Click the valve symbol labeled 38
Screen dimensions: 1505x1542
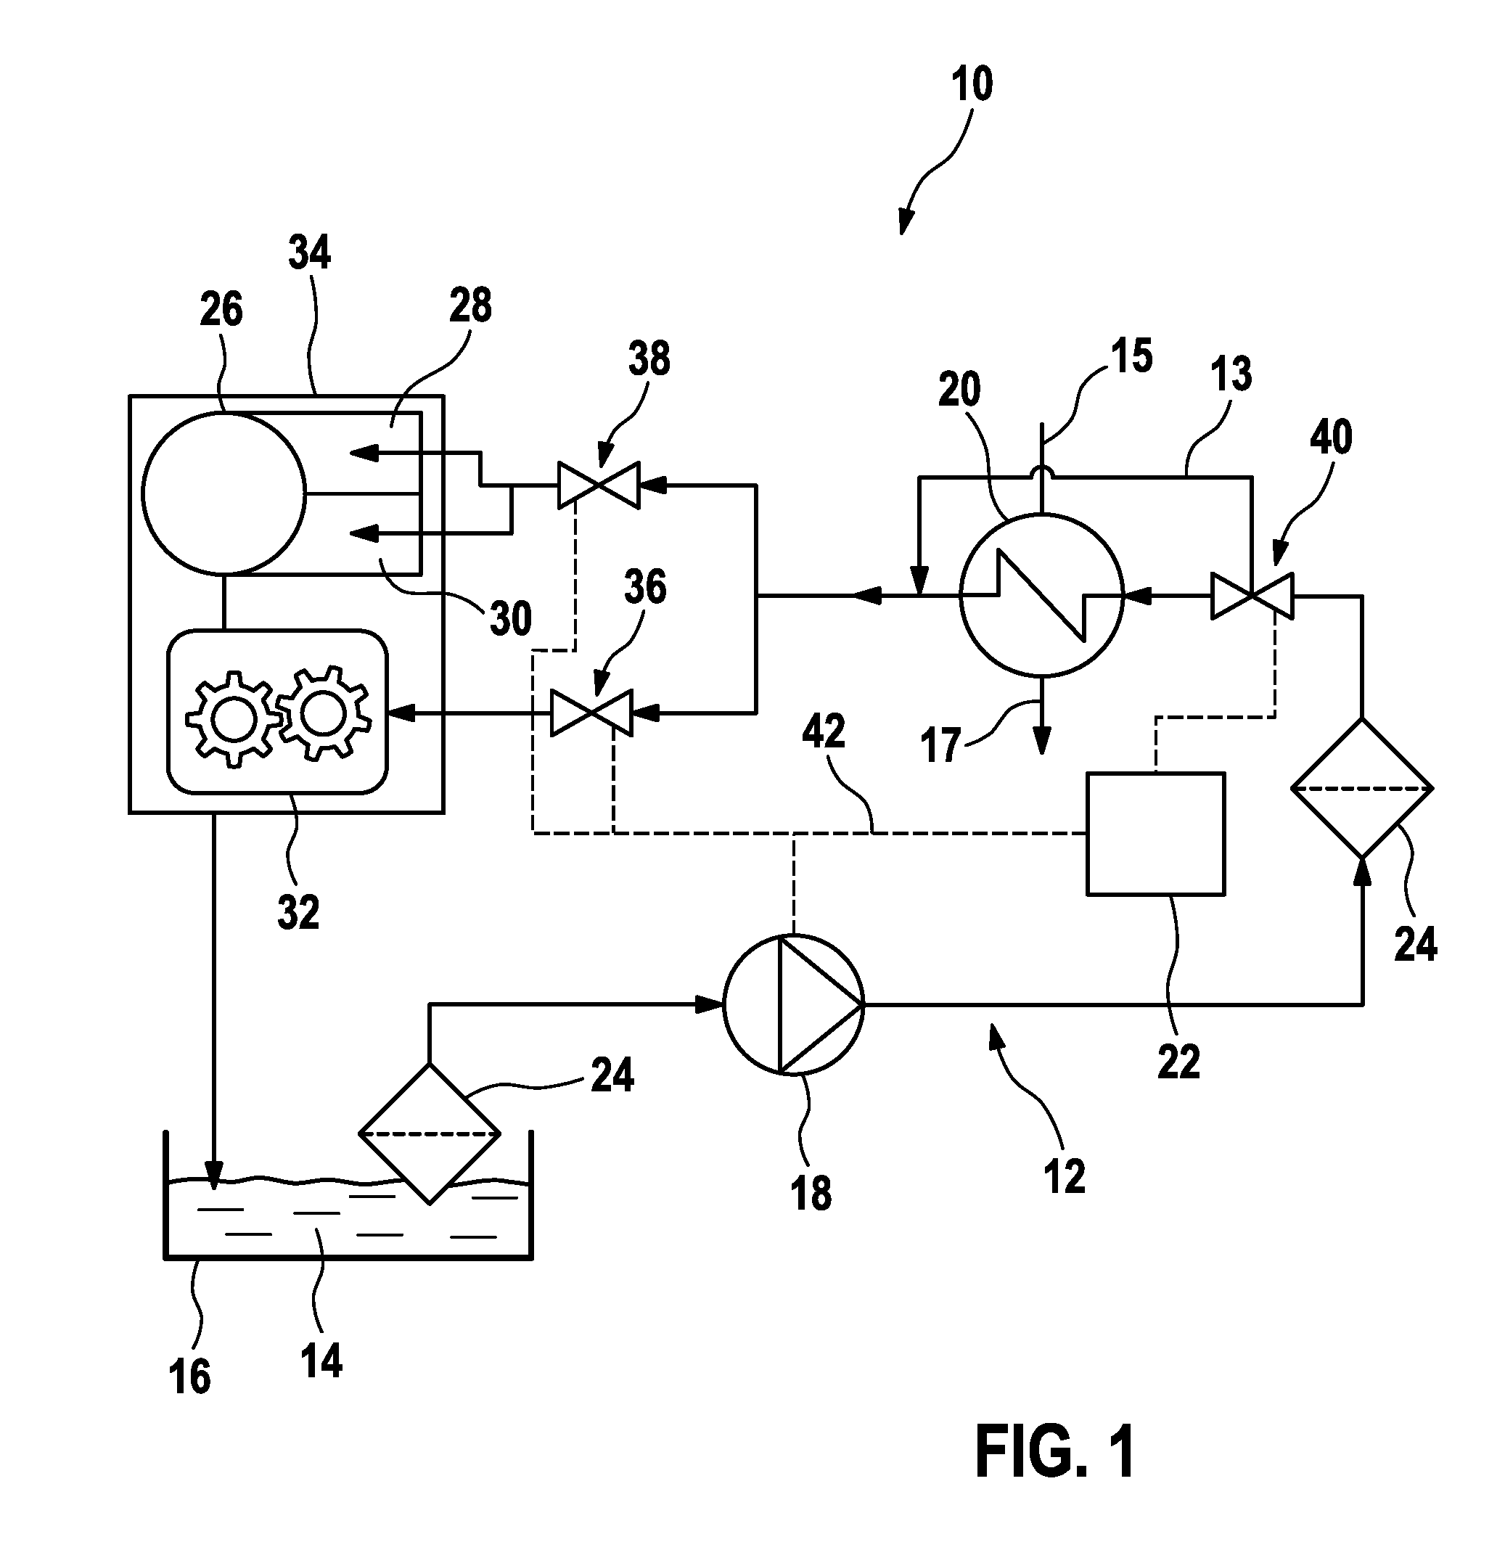[x=599, y=485]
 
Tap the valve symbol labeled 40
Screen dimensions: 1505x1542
[x=1252, y=596]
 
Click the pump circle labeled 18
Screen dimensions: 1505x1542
[x=795, y=1004]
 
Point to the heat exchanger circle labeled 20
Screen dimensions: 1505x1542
[x=1041, y=594]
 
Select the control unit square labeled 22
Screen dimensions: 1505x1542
[x=1156, y=834]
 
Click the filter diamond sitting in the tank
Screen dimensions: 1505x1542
[x=429, y=1134]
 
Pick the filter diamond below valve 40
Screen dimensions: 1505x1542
[x=1362, y=788]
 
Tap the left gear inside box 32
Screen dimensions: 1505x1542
[x=233, y=719]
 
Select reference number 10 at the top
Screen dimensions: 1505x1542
[x=972, y=85]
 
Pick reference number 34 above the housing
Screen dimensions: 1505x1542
[x=309, y=252]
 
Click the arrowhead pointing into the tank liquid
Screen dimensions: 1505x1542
[x=213, y=1176]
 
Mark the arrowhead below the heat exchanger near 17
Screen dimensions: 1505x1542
[x=1042, y=739]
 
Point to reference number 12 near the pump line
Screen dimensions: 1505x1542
[x=1064, y=1177]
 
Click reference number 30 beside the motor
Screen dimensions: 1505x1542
[x=511, y=619]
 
